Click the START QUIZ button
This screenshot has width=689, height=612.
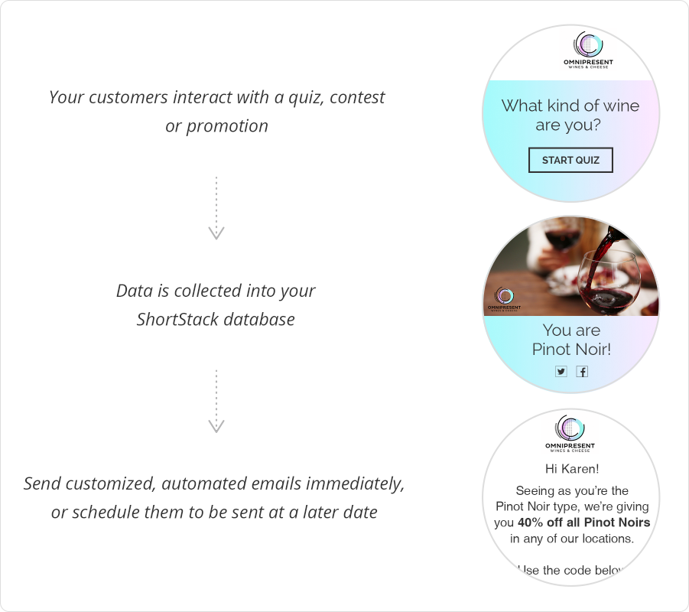point(570,160)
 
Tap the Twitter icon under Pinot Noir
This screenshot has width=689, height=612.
point(561,371)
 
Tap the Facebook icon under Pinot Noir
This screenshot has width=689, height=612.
point(582,371)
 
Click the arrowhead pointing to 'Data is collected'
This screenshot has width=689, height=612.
point(216,233)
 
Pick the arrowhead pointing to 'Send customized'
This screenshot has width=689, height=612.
point(216,426)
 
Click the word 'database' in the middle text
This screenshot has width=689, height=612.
point(261,319)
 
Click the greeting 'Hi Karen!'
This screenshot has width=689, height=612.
point(572,468)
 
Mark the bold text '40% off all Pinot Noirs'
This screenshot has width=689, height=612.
point(583,522)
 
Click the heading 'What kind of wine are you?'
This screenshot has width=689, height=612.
point(570,115)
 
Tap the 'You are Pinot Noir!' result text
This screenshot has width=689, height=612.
point(571,340)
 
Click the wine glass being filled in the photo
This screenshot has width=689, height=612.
point(608,280)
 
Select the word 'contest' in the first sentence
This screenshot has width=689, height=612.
point(357,97)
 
